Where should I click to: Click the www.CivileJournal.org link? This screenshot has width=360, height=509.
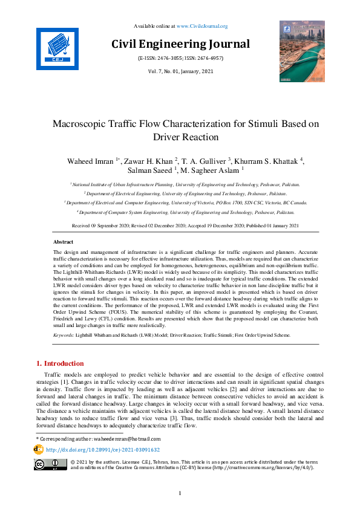coord(202,26)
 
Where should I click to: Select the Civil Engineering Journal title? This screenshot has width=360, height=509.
coord(180,44)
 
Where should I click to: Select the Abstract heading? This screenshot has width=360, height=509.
coord(64,241)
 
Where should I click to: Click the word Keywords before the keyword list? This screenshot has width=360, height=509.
coord(64,334)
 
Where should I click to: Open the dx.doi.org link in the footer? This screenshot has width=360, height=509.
coord(103,450)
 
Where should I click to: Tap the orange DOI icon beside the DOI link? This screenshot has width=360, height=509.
coord(39,450)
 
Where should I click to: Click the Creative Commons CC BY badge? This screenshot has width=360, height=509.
coord(50,465)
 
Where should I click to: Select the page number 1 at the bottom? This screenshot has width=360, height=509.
coord(180,494)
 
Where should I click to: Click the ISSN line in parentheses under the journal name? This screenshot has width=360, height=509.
coord(180,59)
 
